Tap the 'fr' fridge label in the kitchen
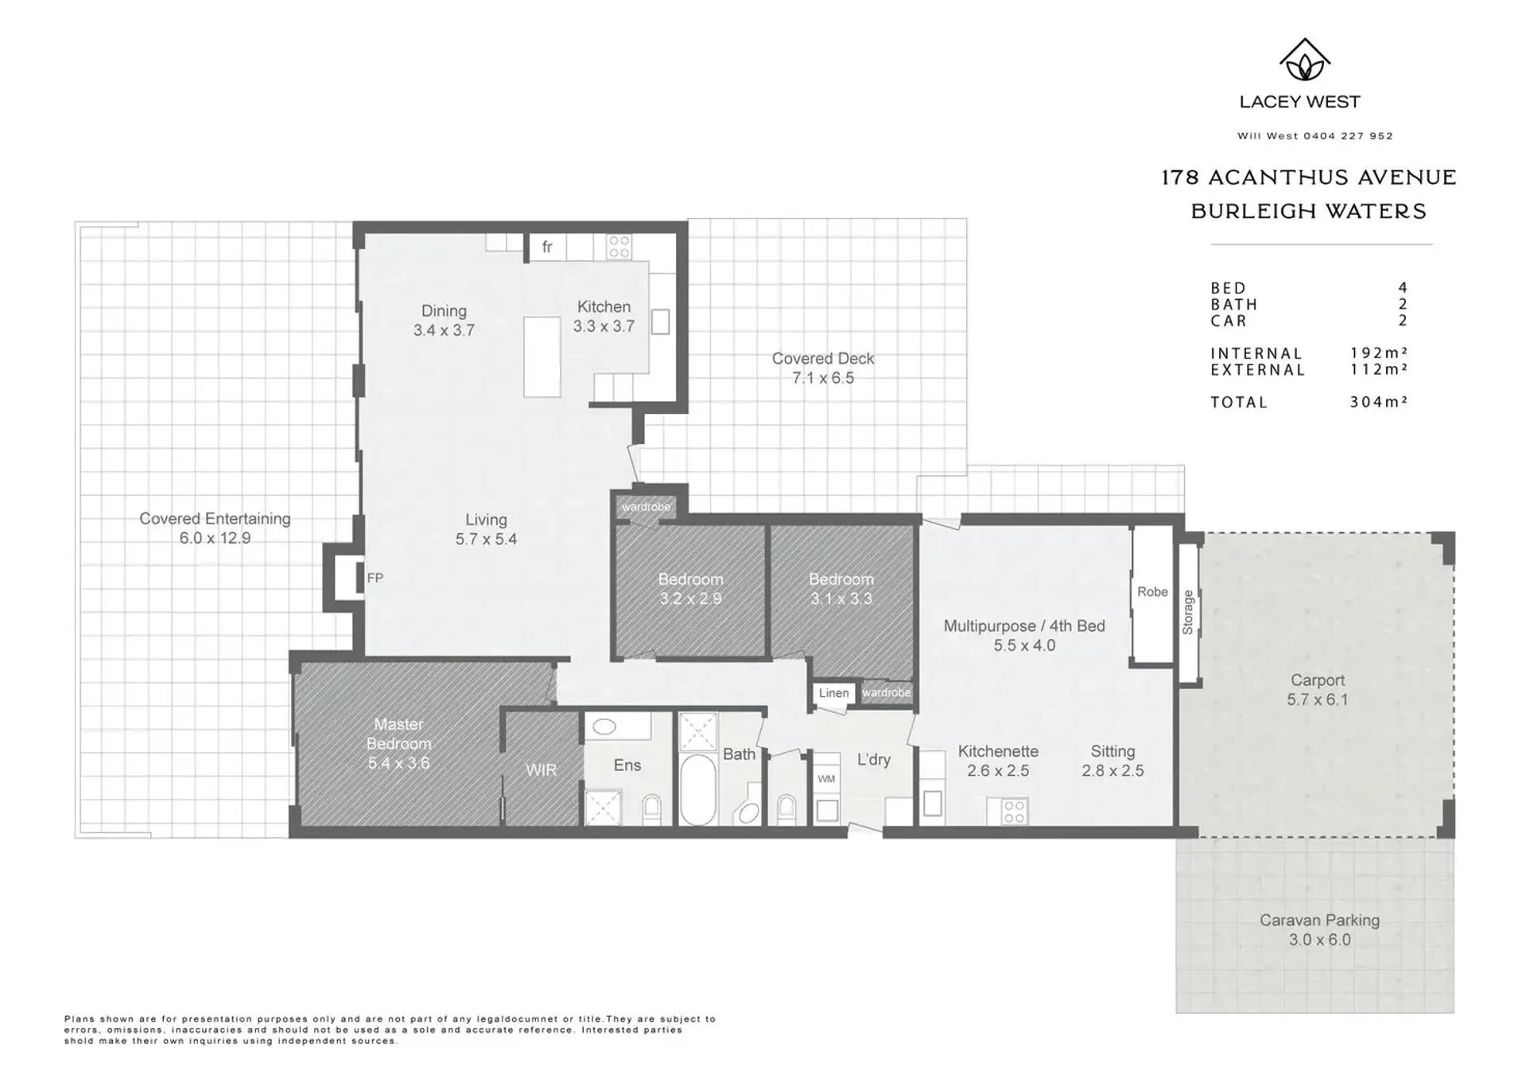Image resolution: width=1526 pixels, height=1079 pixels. pos(547,247)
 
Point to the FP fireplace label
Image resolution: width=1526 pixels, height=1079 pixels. pos(375,578)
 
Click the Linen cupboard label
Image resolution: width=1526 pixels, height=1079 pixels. pos(833,693)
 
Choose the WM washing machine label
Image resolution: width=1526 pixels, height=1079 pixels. pos(826,779)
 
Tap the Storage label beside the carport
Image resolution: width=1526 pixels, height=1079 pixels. pos(1188,612)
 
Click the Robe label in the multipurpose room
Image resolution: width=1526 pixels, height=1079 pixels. pos(1152,591)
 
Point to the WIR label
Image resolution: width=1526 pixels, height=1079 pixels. pos(541,769)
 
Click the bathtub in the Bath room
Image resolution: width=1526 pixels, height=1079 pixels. pos(698,789)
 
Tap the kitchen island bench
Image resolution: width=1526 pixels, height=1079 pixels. pos(542,356)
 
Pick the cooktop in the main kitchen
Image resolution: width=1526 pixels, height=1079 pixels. pos(619,247)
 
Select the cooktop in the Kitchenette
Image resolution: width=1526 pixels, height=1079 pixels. pos(1014,812)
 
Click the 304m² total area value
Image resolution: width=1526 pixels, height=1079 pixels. pos(1378,402)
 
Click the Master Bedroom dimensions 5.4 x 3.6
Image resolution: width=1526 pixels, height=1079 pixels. pos(398,763)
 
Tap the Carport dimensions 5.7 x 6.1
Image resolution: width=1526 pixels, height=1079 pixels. pos(1318,699)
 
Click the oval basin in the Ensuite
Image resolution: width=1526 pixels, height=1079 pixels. pos(604,726)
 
